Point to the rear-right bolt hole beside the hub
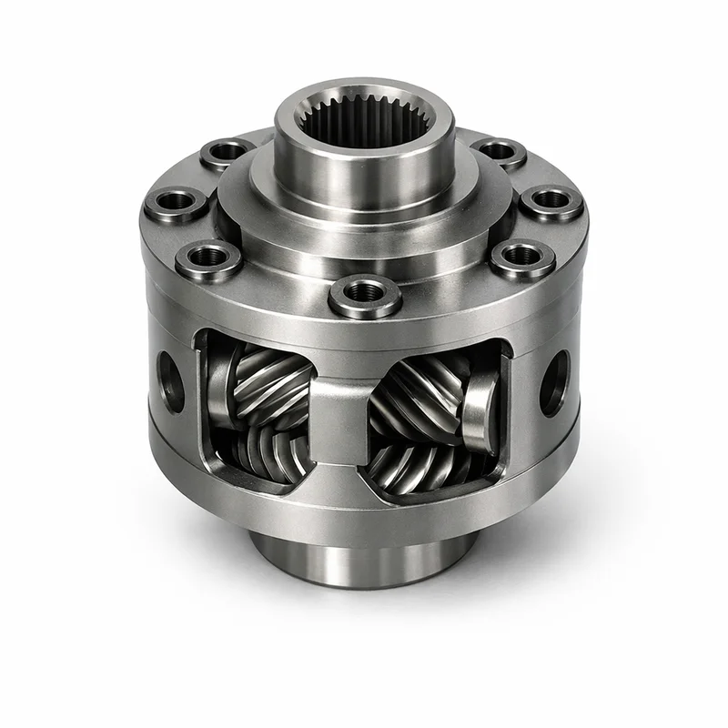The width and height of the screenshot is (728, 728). coord(499,150)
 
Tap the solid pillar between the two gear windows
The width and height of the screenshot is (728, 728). coord(339,409)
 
